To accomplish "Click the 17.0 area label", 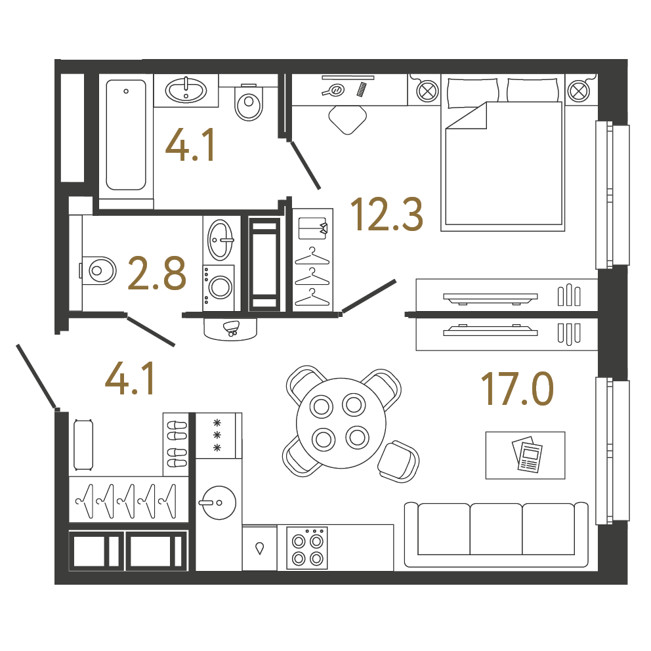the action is coord(517,389).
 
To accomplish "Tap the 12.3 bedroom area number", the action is coord(387,214).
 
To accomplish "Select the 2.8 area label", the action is coord(157,273).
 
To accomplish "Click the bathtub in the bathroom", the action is coord(126,135).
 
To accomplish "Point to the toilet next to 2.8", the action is coord(98,270).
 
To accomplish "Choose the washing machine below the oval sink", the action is coord(219,287).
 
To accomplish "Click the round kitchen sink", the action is coord(219,503).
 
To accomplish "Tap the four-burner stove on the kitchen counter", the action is coord(307,548).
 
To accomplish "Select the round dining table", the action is coord(341,423).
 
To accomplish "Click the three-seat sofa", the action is coord(496,534).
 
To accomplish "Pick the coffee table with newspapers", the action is coord(525,455).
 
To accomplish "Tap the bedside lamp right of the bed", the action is coord(578,91).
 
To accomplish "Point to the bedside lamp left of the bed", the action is coord(428,91).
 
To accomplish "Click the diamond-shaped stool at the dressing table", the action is coord(348,119).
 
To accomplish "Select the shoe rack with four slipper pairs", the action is coord(176,444).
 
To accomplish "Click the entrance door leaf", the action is coord(36,376).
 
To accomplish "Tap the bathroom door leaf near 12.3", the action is coord(305,165).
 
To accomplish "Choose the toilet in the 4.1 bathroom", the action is coord(249,102).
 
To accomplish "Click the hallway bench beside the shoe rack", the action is coord(83,445).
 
